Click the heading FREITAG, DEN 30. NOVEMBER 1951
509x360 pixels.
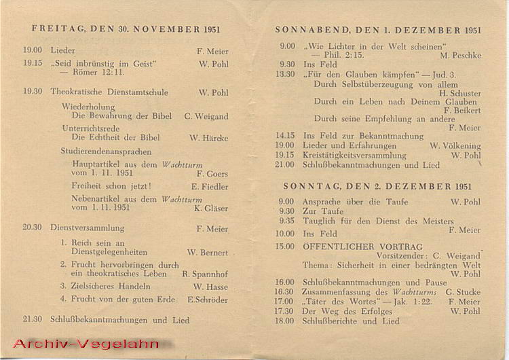coord(126,30)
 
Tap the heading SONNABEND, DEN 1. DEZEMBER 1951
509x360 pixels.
coord(377,31)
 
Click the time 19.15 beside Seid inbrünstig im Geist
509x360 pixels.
coord(33,63)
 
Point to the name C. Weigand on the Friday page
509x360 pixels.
coord(206,116)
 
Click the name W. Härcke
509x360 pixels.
coord(209,138)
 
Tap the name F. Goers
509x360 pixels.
coord(212,174)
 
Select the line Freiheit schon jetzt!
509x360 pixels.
coord(111,186)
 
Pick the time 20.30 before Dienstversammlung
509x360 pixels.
coord(32,228)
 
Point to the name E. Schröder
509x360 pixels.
coord(208,300)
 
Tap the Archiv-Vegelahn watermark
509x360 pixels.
coord(86,344)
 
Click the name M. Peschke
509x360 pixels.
coord(460,55)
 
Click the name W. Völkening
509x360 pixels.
coord(455,146)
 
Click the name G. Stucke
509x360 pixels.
coord(463,292)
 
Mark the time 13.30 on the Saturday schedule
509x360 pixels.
coord(286,74)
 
